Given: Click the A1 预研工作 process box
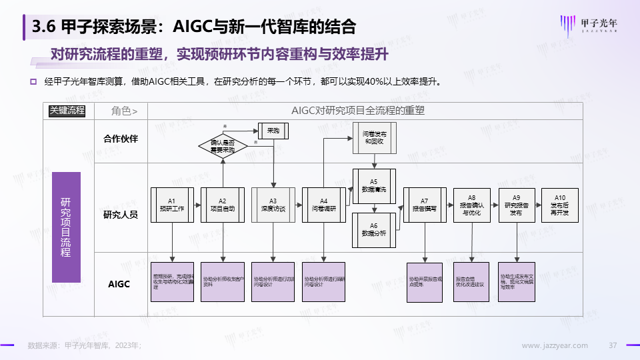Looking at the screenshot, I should coord(171,204).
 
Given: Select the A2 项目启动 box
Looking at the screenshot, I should coord(222,204).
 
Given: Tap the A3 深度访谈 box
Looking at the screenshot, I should coord(273,204).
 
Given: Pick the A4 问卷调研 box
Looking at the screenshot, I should coord(323,204).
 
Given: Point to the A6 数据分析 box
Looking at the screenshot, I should coord(373,229).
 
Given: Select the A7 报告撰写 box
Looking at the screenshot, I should coord(424,204).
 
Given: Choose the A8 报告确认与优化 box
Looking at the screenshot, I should coord(471,204).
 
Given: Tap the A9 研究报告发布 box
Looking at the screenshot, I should coord(517,204).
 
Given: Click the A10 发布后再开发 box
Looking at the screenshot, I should coord(559,204).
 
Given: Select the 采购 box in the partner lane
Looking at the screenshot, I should coord(273,131).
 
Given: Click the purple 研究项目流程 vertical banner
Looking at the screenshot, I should coord(66,226).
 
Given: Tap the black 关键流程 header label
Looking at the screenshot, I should coord(67,111).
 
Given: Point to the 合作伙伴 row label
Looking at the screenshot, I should coord(121,139).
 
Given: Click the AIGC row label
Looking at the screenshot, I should coord(119,284).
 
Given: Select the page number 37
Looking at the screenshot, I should coord(614,345).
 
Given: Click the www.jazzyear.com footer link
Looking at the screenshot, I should coord(554,345).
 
